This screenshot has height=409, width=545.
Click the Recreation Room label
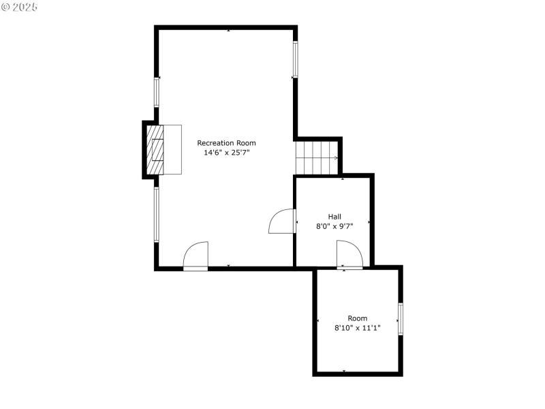pyautogui.click(x=226, y=143)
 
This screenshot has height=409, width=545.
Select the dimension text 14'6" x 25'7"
pyautogui.click(x=226, y=153)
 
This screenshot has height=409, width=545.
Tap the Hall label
pyautogui.click(x=334, y=216)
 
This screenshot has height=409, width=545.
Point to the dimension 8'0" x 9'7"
pyautogui.click(x=334, y=226)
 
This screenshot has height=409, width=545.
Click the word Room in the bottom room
pyautogui.click(x=357, y=318)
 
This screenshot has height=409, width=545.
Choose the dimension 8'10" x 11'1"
pyautogui.click(x=357, y=328)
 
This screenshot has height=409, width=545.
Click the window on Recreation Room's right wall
pyautogui.click(x=296, y=59)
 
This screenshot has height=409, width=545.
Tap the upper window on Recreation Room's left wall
pyautogui.click(x=156, y=92)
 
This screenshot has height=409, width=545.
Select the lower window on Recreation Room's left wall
pyautogui.click(x=156, y=214)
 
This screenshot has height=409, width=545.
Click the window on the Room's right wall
pyautogui.click(x=401, y=318)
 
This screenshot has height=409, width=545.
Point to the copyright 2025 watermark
pyautogui.click(x=20, y=7)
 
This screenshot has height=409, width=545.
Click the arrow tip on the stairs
pyautogui.click(x=337, y=158)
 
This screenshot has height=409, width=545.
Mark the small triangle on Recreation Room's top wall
pyautogui.click(x=228, y=31)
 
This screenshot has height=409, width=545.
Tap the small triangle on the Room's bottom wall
pyautogui.click(x=344, y=371)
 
